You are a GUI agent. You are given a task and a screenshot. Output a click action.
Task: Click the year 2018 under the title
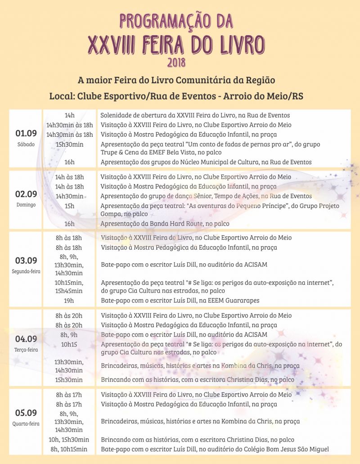pyautogui.click(x=176, y=62)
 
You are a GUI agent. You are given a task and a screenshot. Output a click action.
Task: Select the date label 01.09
pyautogui.click(x=26, y=133)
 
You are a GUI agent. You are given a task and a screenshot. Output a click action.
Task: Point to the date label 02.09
pyautogui.click(x=26, y=194)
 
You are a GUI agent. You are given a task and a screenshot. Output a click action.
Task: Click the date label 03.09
pyautogui.click(x=26, y=261)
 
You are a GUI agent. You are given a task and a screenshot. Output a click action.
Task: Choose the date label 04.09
pyautogui.click(x=26, y=339)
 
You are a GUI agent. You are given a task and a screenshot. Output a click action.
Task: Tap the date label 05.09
pyautogui.click(x=26, y=413)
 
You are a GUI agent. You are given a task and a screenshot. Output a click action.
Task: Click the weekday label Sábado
pyautogui.click(x=26, y=144)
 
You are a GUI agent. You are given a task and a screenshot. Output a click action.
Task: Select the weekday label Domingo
pyautogui.click(x=26, y=205)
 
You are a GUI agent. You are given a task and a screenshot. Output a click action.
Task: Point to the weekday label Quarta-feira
pyautogui.click(x=26, y=423)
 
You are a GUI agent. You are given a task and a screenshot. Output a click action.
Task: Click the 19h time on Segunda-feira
pyautogui.click(x=69, y=300)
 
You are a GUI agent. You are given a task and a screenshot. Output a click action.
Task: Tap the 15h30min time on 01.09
pyautogui.click(x=69, y=144)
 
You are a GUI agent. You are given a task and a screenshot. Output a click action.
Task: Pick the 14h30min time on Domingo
pyautogui.click(x=69, y=196)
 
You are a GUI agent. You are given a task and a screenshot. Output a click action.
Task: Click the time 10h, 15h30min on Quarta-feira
pyautogui.click(x=69, y=440)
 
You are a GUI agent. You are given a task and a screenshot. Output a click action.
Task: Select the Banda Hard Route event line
pyautogui.click(x=165, y=224)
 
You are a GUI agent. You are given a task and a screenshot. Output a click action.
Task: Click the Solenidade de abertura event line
pyautogui.click(x=195, y=116)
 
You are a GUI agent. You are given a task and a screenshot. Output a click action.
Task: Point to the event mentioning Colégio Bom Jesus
pyautogui.click(x=215, y=449)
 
